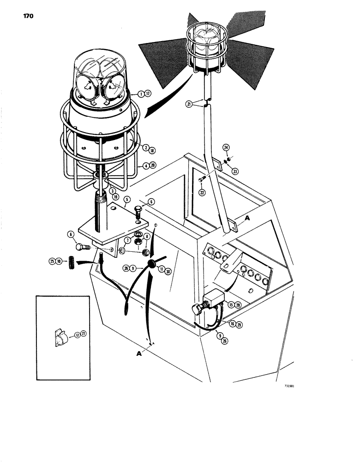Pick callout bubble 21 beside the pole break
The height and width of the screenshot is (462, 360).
pos(189,104)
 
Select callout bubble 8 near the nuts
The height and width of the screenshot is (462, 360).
pos(147,236)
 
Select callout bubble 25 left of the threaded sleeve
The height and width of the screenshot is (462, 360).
pos(52,261)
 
